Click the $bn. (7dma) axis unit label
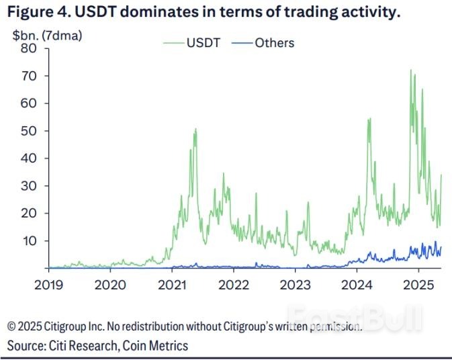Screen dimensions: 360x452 pyautogui.click(x=45, y=35)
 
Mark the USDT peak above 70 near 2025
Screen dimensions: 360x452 pyautogui.click(x=410, y=71)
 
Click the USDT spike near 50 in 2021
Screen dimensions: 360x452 pyautogui.click(x=195, y=129)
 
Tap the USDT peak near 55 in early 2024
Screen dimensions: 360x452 pyautogui.click(x=369, y=119)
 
